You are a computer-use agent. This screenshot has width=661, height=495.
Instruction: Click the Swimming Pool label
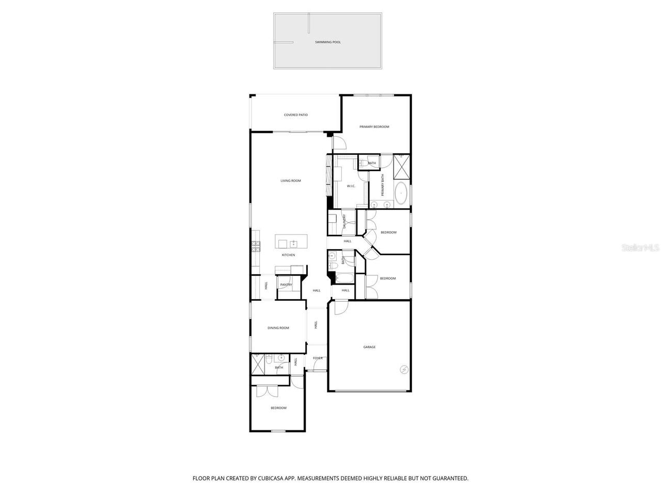point(328,42)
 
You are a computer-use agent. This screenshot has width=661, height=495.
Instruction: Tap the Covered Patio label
point(295,114)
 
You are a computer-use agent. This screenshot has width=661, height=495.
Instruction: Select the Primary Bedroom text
point(374,126)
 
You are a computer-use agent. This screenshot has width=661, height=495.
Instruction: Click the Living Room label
point(290,180)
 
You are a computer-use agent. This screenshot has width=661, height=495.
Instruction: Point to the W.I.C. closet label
point(351,186)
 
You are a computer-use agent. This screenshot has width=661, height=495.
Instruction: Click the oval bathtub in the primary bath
point(401,194)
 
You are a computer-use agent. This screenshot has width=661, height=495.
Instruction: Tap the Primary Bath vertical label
point(383,185)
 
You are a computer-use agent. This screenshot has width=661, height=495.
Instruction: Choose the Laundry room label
point(344,222)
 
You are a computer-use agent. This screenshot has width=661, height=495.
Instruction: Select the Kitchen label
point(288,255)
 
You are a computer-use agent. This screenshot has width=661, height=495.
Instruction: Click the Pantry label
point(286,285)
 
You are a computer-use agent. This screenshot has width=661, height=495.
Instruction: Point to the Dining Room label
point(278,328)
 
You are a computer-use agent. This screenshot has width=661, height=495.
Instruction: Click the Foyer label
point(317,358)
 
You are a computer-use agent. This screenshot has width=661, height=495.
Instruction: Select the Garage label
point(369,347)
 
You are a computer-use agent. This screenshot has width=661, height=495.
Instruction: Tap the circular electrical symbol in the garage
point(403,369)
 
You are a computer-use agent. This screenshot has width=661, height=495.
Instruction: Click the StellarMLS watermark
point(640,248)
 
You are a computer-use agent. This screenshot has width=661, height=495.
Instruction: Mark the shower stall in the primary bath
point(401,166)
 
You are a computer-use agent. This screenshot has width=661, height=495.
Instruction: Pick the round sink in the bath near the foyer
point(280,357)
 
